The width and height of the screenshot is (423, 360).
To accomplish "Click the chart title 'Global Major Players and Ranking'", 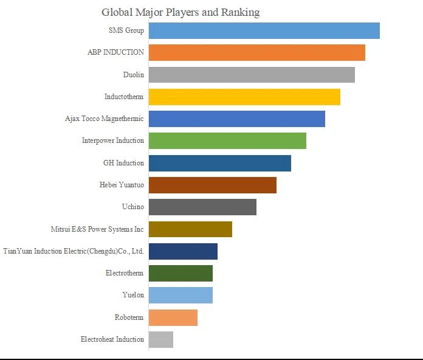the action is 181,12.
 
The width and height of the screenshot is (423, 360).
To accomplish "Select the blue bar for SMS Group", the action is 264,31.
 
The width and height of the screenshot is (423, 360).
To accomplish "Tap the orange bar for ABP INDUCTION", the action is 257,53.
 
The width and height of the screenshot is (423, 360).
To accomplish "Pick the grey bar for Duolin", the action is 252,75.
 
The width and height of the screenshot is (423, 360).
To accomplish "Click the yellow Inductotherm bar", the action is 244,97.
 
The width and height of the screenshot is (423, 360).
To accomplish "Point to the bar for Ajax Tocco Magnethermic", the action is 237,119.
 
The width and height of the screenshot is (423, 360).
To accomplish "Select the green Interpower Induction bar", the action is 227,140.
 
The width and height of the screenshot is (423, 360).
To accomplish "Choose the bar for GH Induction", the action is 220,163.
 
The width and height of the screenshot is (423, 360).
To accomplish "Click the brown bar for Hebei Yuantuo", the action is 213,185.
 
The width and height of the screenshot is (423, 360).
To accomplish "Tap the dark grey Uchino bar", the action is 202,207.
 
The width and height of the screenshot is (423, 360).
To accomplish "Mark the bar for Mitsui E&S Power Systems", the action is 190,229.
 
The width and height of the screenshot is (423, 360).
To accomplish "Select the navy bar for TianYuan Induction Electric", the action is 183,251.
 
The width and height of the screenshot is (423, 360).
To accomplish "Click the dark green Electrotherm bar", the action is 181,274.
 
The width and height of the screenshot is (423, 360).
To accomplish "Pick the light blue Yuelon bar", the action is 181,295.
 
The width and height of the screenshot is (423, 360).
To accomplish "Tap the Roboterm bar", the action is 173,317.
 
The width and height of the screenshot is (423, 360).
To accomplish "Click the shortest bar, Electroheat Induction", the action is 161,339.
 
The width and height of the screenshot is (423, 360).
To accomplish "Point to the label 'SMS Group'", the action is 126,30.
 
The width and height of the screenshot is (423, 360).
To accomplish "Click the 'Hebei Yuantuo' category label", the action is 122,185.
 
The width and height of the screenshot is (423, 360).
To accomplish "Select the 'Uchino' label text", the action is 133,207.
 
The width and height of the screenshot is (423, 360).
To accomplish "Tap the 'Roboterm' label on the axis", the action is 129,317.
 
